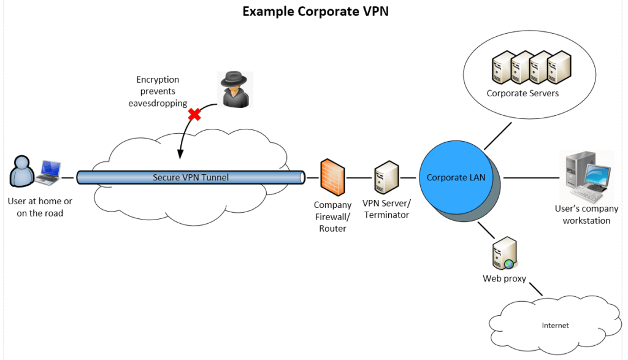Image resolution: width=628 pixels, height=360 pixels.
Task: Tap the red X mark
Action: click(194, 114)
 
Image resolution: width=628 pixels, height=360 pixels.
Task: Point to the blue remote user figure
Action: click(21, 171)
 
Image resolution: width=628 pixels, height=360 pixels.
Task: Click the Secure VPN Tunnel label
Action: click(190, 178)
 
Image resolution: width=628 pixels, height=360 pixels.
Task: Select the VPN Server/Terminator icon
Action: click(386, 178)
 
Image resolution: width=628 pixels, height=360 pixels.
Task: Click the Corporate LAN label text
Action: click(456, 178)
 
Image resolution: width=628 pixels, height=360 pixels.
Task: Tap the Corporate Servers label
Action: click(523, 93)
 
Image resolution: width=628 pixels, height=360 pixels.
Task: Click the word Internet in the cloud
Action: click(554, 325)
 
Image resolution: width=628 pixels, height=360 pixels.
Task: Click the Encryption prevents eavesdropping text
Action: click(158, 91)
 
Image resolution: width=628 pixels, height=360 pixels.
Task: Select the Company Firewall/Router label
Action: click(332, 216)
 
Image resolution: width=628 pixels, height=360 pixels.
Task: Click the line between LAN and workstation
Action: click(531, 178)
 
